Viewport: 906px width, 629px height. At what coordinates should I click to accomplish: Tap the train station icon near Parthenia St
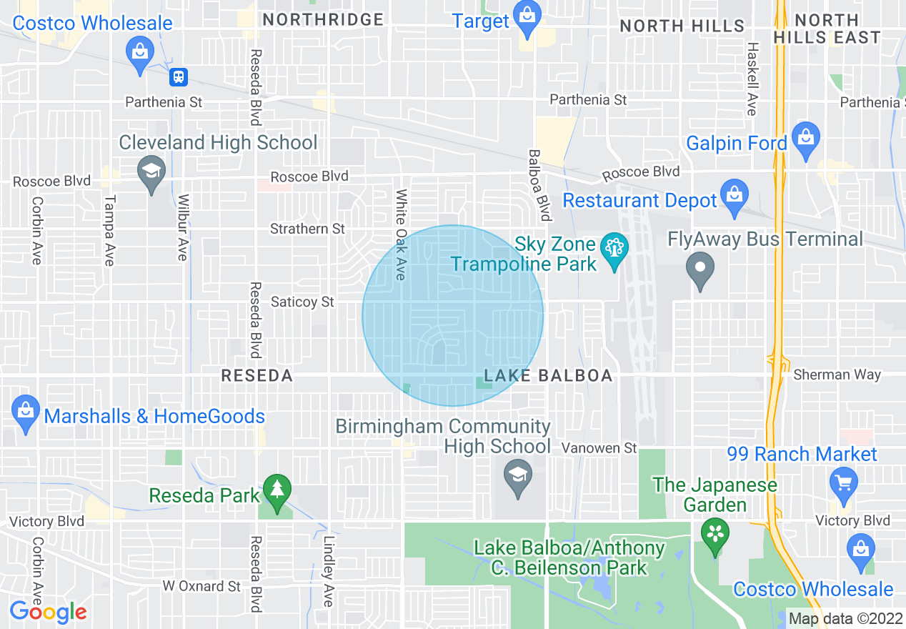178,76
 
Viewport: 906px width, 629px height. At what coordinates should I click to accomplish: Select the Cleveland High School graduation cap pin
151,172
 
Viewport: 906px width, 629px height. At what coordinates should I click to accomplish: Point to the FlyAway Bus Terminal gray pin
700,269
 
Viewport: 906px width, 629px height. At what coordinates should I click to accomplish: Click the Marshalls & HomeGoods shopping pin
26,412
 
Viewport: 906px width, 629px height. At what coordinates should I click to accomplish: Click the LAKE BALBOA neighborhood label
548,376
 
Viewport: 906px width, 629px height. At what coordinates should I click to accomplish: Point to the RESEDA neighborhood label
257,376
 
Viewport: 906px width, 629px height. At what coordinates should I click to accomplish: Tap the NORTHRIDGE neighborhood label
323,20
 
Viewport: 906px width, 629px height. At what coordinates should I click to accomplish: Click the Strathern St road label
307,229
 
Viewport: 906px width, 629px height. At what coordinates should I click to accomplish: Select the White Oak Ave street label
401,234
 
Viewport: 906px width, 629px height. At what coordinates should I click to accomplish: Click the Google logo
48,612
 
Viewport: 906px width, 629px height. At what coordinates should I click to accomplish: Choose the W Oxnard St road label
201,586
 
